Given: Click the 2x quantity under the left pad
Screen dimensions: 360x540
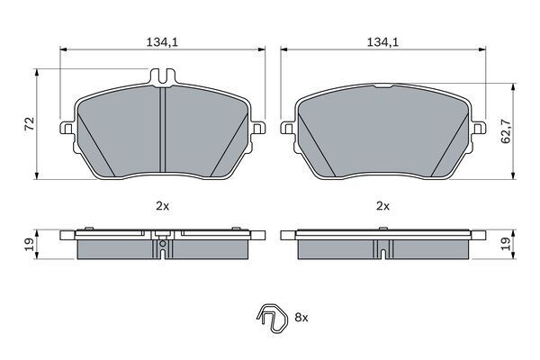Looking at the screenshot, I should point(161,206).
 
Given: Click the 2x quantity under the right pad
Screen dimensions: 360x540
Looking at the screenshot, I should point(382,206).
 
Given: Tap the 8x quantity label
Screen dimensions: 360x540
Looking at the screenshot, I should point(301,318).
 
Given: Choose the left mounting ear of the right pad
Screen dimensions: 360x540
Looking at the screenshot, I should point(288,130).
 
